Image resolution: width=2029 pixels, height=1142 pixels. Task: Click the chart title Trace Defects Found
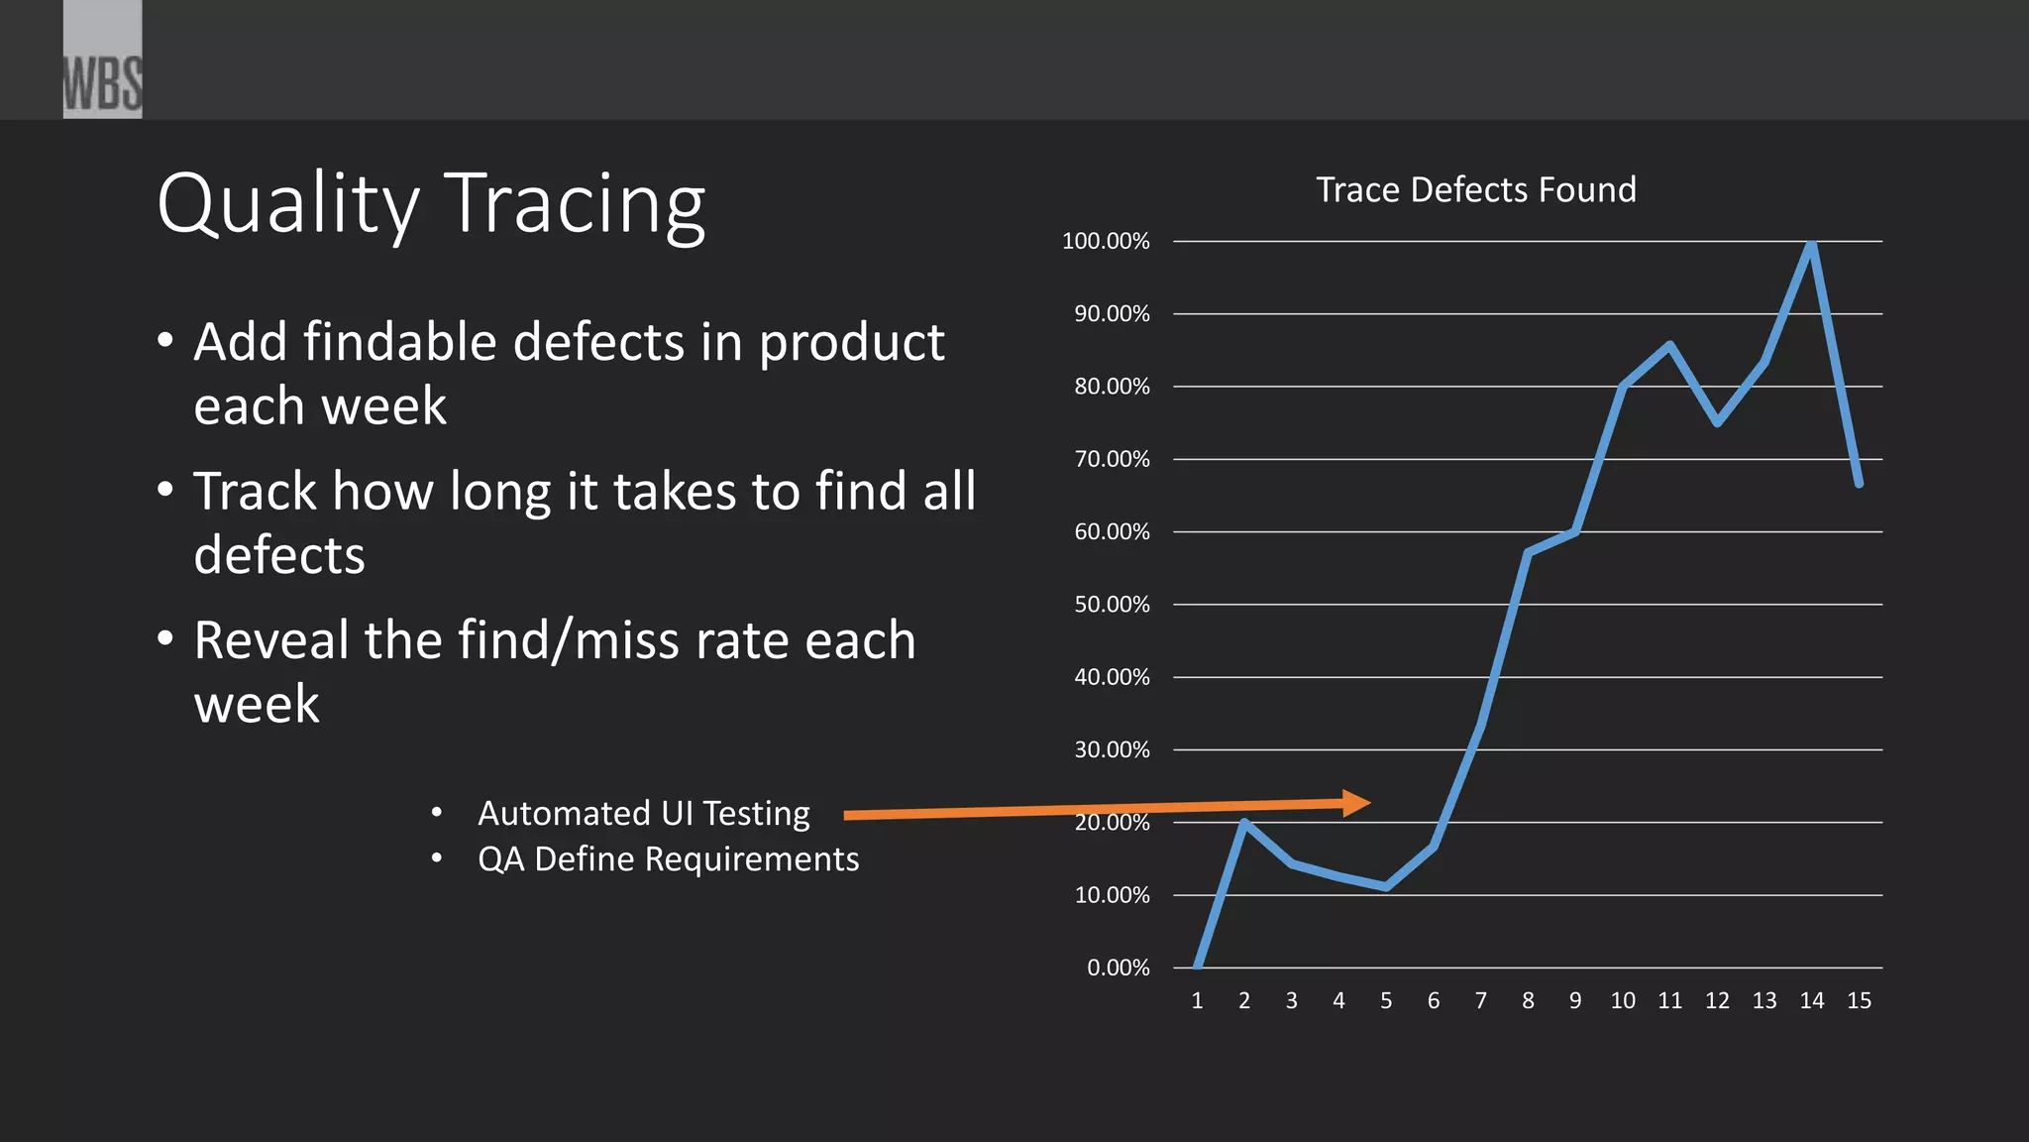tap(1475, 189)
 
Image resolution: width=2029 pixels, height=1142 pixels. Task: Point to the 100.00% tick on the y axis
tap(1106, 241)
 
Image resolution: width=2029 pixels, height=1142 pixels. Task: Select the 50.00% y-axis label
tap(1112, 605)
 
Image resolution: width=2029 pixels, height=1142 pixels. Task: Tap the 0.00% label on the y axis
tap(1118, 968)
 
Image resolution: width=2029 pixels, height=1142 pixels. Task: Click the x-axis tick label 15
tap(1859, 1001)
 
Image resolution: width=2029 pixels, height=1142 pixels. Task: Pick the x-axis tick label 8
tap(1528, 1001)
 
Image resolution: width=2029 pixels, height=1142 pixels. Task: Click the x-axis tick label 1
tap(1197, 1001)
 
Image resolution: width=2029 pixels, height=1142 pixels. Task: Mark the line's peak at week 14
tap(1811, 244)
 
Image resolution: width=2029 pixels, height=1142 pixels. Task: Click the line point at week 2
tap(1244, 823)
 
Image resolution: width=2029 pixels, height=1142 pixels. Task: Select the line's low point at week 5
tap(1386, 886)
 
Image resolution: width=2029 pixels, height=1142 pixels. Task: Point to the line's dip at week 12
tap(1717, 422)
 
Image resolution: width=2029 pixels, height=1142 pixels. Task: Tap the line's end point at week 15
tap(1859, 483)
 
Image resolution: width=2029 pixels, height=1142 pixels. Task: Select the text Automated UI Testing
tap(644, 813)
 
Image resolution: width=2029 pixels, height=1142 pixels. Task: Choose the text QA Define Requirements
tap(668, 858)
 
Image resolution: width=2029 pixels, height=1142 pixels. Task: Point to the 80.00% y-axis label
tap(1112, 387)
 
